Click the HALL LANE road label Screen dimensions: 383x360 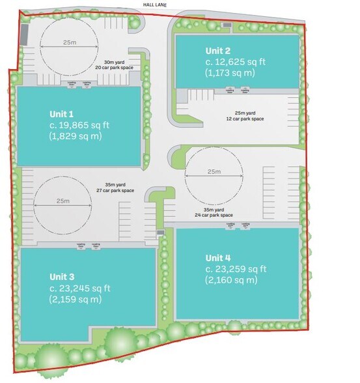pyautogui.click(x=155, y=5)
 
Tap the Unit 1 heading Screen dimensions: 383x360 pyautogui.click(x=62, y=113)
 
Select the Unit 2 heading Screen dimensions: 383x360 pyautogui.click(x=218, y=50)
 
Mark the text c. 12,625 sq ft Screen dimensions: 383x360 pyautogui.click(x=236, y=61)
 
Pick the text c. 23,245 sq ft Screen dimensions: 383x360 pyautogui.click(x=80, y=288)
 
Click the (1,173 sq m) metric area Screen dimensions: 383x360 pyautogui.click(x=230, y=73)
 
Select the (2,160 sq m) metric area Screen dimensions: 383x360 pyautogui.click(x=232, y=280)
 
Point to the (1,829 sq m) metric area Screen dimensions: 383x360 pyautogui.click(x=76, y=136)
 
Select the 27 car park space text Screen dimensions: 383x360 pyautogui.click(x=115, y=190)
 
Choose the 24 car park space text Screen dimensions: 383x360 pyautogui.click(x=213, y=215)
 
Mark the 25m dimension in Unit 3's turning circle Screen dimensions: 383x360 pyautogui.click(x=62, y=201)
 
